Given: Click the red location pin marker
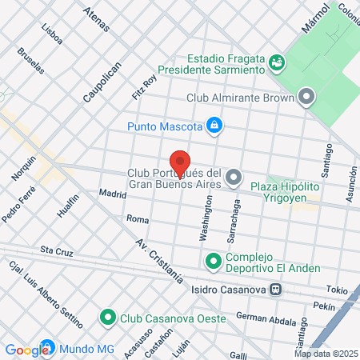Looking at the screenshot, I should [180, 161].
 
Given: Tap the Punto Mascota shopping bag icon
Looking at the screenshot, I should [214, 126].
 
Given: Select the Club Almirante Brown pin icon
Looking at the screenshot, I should [307, 98].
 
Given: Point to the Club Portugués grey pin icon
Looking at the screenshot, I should [234, 177].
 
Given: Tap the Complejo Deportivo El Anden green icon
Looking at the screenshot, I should [214, 261].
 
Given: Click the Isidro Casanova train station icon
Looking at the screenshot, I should [274, 290].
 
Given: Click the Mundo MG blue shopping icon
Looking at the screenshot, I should [49, 349].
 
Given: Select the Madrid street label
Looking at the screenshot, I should [113, 194].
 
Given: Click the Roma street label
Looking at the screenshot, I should [138, 218].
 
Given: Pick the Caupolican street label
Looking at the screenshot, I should [102, 82].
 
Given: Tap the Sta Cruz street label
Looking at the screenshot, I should [57, 250].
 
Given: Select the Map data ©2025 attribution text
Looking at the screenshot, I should [325, 354].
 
